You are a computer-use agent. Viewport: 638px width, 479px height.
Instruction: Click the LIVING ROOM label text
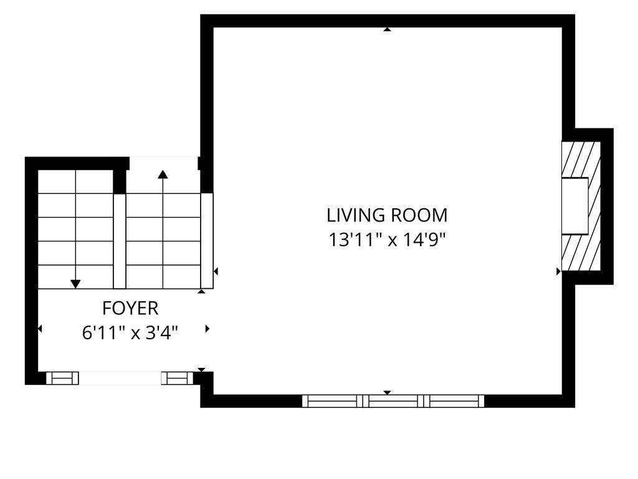pos(387,215)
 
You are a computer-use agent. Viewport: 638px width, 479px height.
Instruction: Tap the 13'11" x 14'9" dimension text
pos(387,240)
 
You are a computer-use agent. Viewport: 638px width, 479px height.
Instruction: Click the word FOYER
pos(130,308)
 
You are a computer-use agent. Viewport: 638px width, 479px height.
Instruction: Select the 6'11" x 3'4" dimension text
pos(130,333)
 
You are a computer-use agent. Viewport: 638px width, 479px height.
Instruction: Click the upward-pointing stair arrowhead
pos(163,175)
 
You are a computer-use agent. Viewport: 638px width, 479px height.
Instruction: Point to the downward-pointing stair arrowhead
pos(75,284)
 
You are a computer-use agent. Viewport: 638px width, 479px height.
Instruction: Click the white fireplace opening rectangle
pos(575,206)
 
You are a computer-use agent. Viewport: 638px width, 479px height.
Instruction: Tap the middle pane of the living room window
pos(393,401)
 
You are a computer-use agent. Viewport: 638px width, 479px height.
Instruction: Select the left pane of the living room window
pos(332,401)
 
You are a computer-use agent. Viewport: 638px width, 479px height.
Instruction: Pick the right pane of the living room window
pos(454,401)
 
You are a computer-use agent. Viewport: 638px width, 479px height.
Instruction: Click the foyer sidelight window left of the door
pos(62,378)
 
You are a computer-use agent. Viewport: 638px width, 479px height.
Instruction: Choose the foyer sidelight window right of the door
pos(177,378)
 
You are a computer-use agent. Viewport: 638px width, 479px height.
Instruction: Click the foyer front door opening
pos(120,378)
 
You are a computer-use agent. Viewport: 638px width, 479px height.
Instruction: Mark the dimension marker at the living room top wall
pos(388,29)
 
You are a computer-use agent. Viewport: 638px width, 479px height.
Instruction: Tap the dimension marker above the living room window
pos(388,393)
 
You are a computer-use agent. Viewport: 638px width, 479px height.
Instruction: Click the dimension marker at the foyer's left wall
pos(40,328)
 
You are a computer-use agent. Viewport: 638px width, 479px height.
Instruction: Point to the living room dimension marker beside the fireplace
pos(559,271)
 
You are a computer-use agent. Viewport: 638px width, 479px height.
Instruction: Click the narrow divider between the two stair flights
pos(120,241)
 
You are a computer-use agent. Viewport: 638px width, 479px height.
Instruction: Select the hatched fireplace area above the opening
pos(581,160)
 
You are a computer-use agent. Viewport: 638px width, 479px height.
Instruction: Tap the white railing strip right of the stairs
pos(207,241)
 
